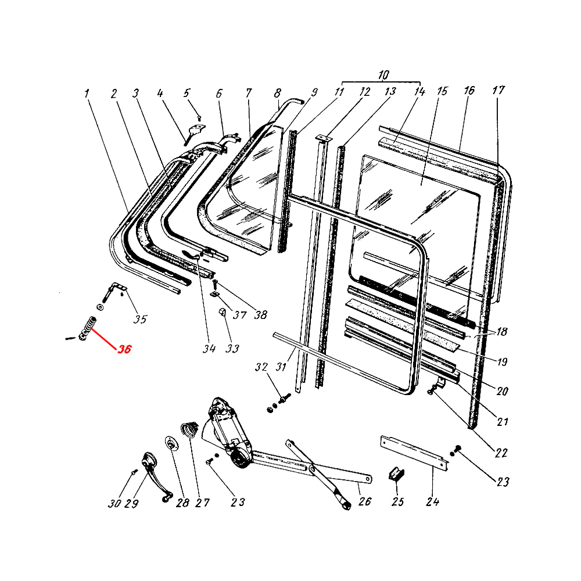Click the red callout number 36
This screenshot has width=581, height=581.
pos(124,350)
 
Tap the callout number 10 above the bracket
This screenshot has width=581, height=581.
pos(383,75)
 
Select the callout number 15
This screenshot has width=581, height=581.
pos(443,91)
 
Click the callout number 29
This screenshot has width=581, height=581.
pos(132,503)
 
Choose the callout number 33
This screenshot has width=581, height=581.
pos(232,349)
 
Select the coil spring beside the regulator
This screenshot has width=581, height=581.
pos(189,431)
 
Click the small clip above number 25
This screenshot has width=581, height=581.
pos(397,474)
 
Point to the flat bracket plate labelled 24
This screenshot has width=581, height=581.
pos(415,451)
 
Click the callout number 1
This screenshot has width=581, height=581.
pos(87,93)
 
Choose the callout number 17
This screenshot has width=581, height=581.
pos(498,91)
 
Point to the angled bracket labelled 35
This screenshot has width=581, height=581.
pos(117,289)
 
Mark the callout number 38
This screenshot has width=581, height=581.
pos(260,315)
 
